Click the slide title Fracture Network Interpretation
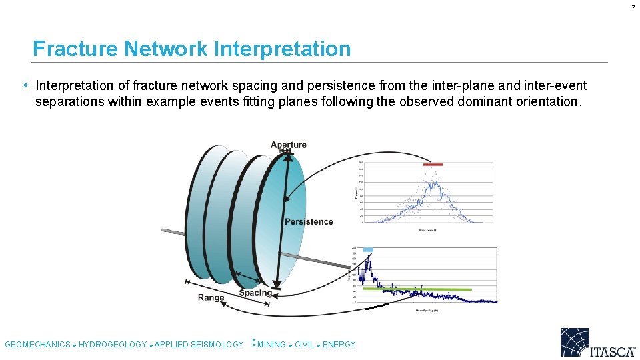[191, 49]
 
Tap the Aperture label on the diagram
[289, 145]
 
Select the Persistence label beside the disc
[309, 221]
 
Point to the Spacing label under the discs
[255, 293]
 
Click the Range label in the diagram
[211, 297]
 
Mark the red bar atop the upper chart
[432, 164]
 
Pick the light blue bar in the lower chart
[368, 249]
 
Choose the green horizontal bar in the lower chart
[417, 289]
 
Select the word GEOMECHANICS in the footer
[37, 345]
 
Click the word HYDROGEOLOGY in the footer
[113, 345]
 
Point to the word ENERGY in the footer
[339, 345]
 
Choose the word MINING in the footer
[271, 345]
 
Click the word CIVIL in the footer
[305, 345]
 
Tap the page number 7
[633, 7]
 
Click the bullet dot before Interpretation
[25, 85]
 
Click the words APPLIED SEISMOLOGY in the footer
[199, 345]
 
